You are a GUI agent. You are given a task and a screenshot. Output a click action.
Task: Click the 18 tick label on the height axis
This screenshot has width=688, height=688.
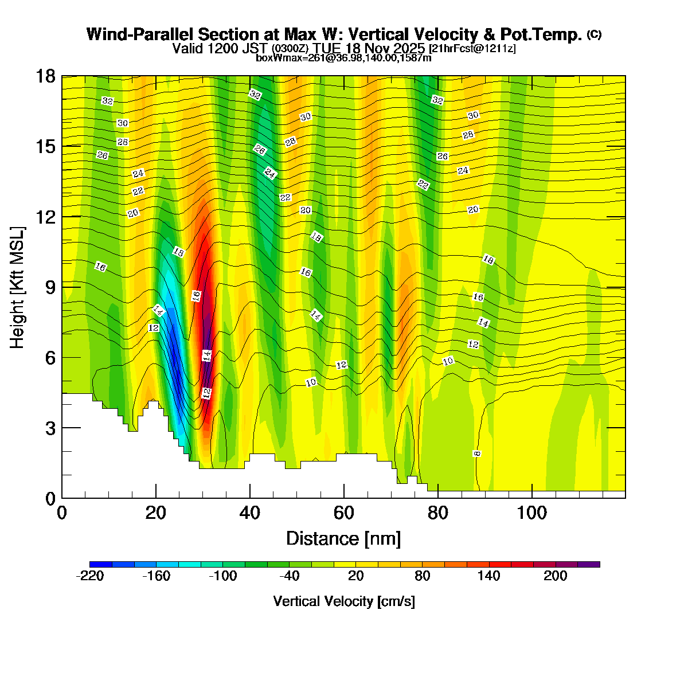pyautogui.click(x=46, y=76)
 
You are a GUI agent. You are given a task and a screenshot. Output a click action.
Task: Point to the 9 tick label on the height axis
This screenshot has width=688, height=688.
pyautogui.click(x=50, y=287)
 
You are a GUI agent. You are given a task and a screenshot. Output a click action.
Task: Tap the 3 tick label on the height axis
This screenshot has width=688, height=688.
pyautogui.click(x=50, y=428)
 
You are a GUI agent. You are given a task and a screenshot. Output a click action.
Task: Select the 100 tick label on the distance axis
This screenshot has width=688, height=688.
pyautogui.click(x=532, y=513)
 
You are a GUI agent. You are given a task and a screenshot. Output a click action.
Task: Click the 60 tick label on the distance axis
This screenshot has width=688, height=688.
pyautogui.click(x=344, y=513)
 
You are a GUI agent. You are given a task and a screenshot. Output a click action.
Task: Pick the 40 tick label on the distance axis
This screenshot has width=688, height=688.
pyautogui.click(x=250, y=513)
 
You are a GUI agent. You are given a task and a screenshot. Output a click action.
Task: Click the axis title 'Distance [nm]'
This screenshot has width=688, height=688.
pyautogui.click(x=343, y=539)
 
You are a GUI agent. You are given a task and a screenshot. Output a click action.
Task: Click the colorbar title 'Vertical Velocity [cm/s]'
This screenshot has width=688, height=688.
pyautogui.click(x=344, y=601)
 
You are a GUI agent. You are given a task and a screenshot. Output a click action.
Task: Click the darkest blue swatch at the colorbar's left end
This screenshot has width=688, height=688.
pyautogui.click(x=101, y=564)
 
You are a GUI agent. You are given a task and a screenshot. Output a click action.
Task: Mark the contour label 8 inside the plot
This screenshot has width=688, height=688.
pyautogui.click(x=477, y=454)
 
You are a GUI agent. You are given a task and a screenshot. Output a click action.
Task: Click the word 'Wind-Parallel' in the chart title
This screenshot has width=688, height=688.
pyautogui.click(x=135, y=34)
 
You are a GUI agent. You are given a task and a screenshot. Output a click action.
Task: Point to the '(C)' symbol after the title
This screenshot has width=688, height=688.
pyautogui.click(x=594, y=34)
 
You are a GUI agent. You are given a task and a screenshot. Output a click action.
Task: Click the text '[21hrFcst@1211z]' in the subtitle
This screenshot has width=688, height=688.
pyautogui.click(x=472, y=49)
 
